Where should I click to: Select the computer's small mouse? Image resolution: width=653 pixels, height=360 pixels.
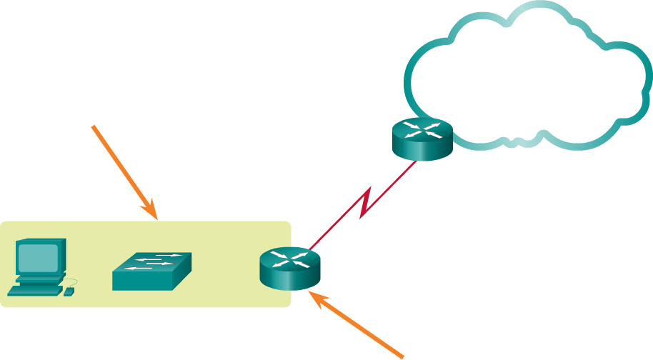pos(69,291)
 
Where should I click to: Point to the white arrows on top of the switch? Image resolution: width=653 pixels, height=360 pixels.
pos(152,263)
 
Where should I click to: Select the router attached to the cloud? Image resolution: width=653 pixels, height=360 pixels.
pos(423,139)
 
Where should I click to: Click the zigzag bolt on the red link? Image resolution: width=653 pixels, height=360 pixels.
pos(365,203)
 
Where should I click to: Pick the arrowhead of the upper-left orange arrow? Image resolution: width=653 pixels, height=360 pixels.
pos(154,214)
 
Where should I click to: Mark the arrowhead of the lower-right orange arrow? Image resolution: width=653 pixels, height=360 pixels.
pos(311,294)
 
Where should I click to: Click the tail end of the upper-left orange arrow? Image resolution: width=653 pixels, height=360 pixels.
pos(94,126)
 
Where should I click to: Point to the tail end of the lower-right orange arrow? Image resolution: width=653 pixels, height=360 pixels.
pos(403,355)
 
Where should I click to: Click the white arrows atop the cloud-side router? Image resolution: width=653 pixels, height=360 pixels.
pos(423,129)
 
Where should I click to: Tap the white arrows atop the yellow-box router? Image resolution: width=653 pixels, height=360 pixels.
pos(290,259)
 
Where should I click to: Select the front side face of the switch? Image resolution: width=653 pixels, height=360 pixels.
pos(143,282)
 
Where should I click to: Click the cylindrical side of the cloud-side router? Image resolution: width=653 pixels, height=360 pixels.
pos(423,151)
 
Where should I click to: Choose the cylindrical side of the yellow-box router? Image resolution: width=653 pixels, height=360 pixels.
pos(290,281)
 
